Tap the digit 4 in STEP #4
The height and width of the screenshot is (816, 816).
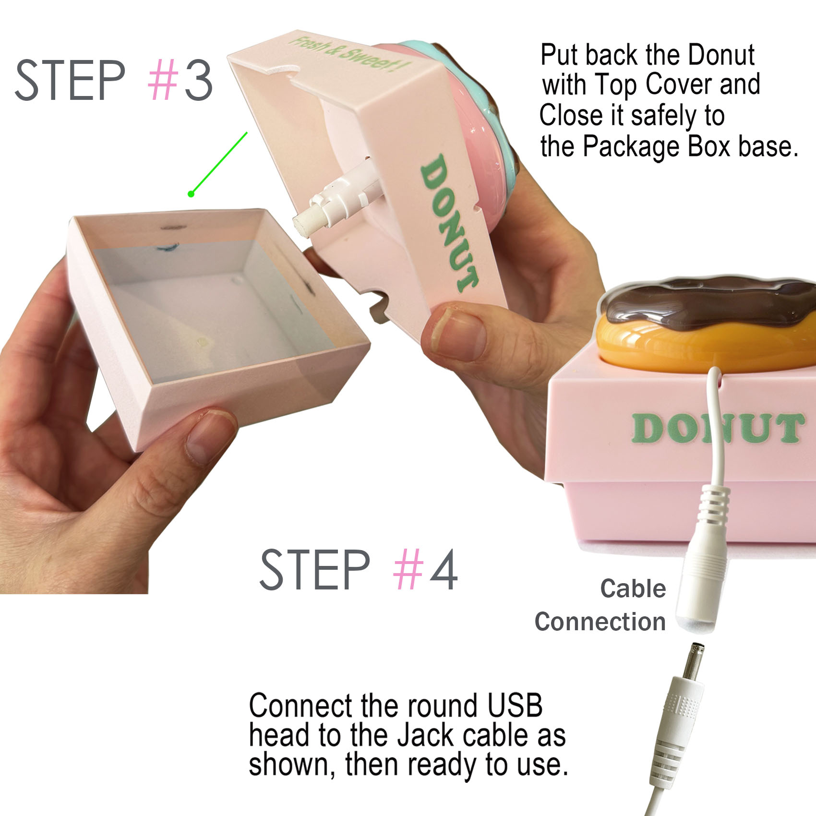tap(444, 570)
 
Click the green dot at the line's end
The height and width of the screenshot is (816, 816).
tap(191, 194)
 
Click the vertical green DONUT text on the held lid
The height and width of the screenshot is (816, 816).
tap(450, 223)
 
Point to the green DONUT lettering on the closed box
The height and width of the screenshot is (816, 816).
tap(717, 429)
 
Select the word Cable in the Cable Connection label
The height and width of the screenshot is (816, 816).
tap(633, 588)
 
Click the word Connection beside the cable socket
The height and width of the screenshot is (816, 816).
tap(600, 622)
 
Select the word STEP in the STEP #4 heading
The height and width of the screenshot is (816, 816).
tap(314, 570)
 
